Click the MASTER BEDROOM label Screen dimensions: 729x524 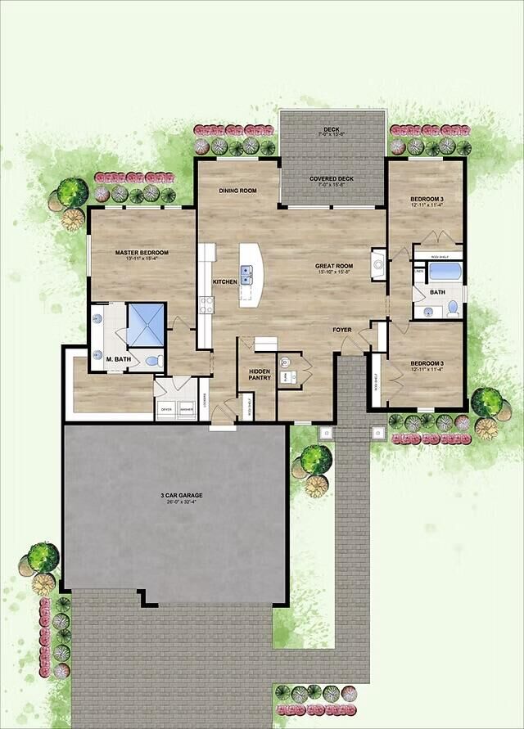(137, 253)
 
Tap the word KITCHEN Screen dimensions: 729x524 (225, 282)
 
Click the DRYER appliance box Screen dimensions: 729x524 (165, 408)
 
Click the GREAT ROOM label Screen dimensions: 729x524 (334, 266)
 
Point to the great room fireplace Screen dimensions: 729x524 (377, 263)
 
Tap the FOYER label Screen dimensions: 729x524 (341, 330)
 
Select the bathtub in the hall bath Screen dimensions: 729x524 (445, 271)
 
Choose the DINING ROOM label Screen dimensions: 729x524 (237, 191)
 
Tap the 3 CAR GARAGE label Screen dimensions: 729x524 (181, 496)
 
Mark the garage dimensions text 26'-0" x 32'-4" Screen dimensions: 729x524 (181, 503)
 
